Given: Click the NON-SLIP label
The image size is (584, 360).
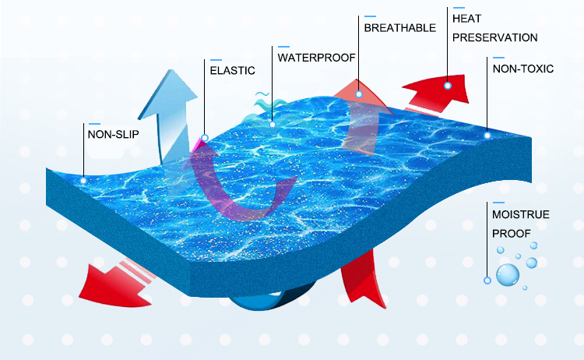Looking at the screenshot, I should [x=114, y=134].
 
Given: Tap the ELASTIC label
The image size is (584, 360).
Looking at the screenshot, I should [x=232, y=70].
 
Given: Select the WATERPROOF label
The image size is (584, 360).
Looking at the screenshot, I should [x=316, y=57].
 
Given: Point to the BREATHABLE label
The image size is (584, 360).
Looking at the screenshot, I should [x=399, y=28].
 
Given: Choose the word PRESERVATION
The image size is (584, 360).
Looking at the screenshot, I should [x=495, y=37].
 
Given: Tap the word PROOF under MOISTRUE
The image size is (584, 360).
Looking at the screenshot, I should [x=511, y=233].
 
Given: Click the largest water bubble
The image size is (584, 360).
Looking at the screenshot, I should [x=508, y=274].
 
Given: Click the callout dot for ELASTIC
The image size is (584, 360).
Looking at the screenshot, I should [x=204, y=139].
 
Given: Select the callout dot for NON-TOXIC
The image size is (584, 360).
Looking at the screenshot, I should [x=487, y=135].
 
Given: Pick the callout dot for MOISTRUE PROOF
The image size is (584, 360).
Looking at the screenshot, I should [x=487, y=280].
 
